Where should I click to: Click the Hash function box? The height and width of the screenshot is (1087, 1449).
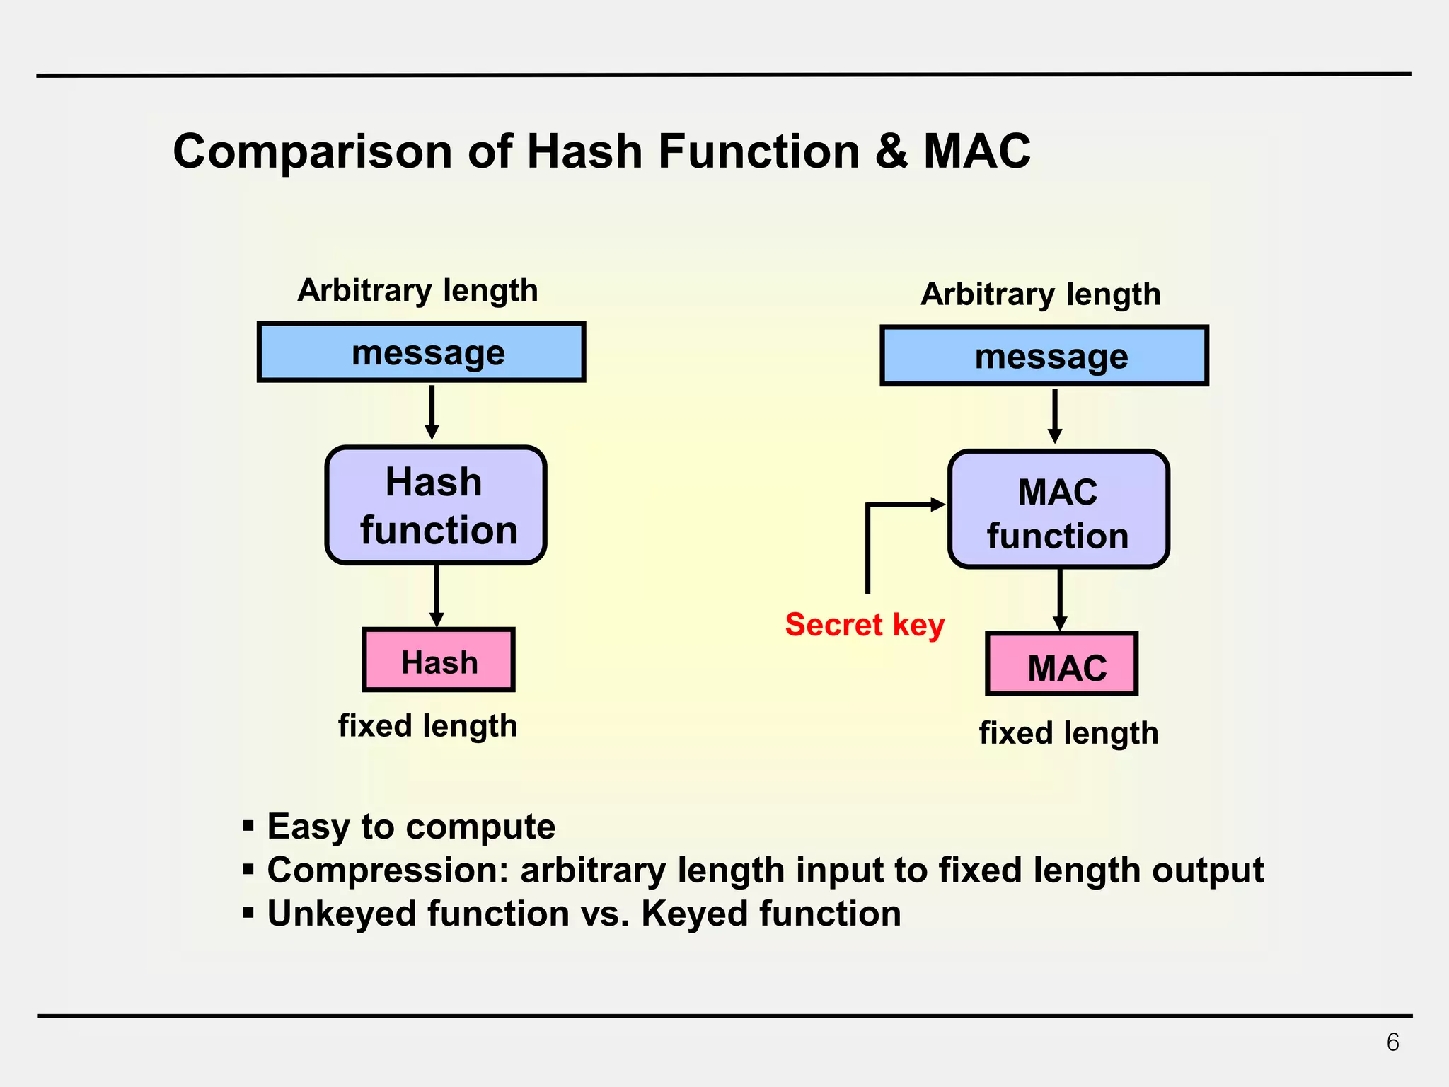(x=436, y=505)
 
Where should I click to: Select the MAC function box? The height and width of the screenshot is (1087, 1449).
(x=1058, y=510)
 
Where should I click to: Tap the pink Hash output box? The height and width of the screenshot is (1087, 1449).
(x=439, y=660)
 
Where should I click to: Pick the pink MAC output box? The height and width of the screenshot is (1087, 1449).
(x=1061, y=665)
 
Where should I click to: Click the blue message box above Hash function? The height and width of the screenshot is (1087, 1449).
(x=422, y=352)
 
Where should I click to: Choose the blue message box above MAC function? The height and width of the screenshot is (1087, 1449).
(x=1044, y=356)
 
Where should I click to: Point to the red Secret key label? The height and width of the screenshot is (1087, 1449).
(x=865, y=625)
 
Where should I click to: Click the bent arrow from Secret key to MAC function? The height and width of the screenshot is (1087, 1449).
(x=868, y=538)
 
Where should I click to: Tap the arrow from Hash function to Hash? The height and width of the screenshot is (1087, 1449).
(x=437, y=594)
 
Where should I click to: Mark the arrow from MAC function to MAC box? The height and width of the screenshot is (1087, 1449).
(x=1060, y=599)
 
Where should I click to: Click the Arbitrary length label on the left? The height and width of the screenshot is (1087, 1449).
(x=417, y=290)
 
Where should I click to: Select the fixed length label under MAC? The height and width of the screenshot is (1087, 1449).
(x=1068, y=733)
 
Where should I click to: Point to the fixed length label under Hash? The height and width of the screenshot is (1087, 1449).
(x=427, y=726)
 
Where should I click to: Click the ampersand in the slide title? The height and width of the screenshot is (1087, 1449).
(x=891, y=151)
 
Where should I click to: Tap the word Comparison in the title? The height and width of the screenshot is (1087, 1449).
(x=312, y=151)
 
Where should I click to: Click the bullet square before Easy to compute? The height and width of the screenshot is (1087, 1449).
(x=248, y=826)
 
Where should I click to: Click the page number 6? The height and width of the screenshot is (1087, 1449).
(x=1392, y=1042)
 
